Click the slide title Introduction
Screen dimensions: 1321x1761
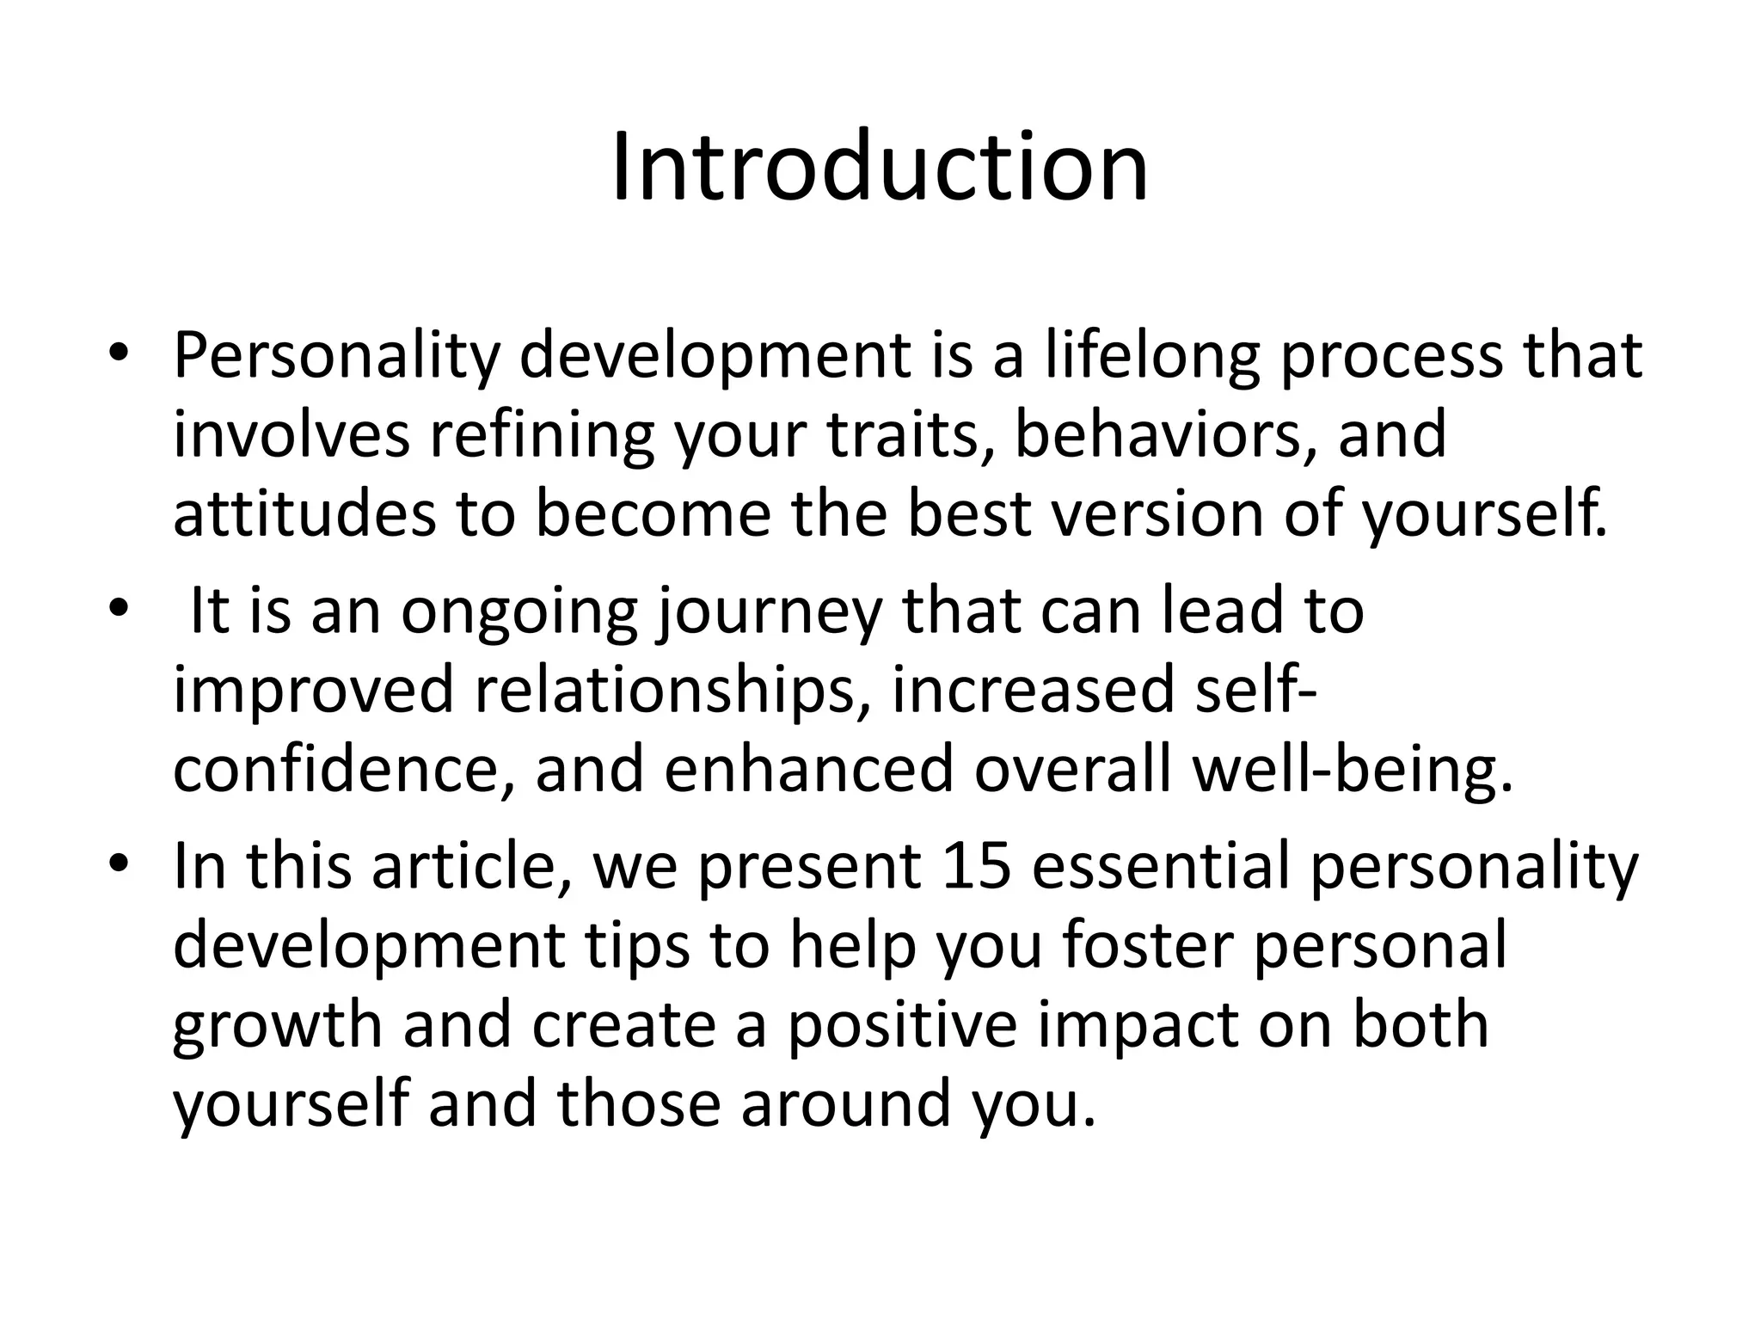880,167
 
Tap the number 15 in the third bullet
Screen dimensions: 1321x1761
976,866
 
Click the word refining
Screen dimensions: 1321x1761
542,434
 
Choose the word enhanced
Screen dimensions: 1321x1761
808,770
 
